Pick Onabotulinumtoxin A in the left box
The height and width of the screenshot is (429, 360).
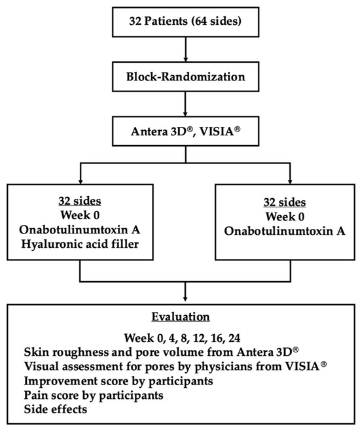tap(80, 232)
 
